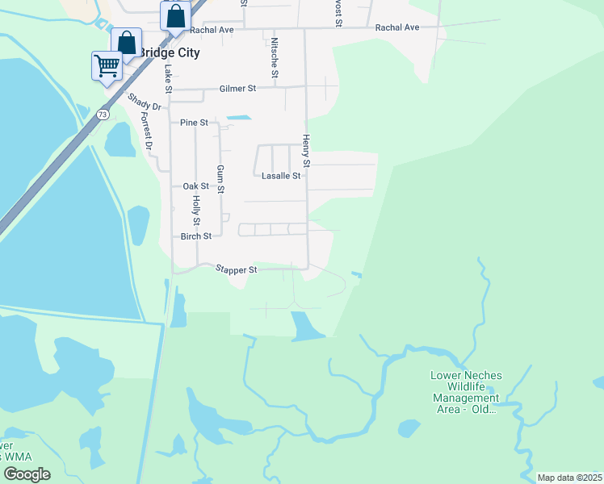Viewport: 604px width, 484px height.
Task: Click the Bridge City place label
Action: [169, 52]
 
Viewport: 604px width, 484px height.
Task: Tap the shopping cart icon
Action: [107, 65]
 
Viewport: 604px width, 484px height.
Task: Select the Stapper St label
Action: [236, 270]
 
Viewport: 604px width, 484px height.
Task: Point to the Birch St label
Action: [195, 236]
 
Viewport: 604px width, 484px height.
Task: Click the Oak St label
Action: [195, 186]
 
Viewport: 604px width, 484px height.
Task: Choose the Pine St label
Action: [194, 123]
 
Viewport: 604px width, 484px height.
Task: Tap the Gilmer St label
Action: [237, 90]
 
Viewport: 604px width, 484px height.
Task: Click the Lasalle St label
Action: [281, 175]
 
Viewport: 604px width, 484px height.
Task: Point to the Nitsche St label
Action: [275, 58]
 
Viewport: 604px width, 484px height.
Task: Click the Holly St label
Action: [196, 211]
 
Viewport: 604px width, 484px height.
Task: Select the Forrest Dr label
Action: [146, 131]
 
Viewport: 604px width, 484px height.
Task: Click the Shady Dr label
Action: [145, 102]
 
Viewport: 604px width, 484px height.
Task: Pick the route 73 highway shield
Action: [102, 115]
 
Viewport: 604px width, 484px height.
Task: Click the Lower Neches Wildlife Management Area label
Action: [466, 392]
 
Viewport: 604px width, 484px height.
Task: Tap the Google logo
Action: [27, 474]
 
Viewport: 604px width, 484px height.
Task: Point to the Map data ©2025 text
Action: [568, 478]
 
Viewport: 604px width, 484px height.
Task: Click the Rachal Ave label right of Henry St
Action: [397, 27]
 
